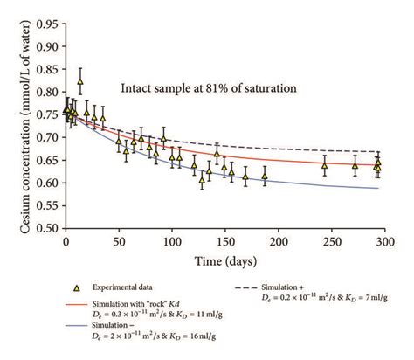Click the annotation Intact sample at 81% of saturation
click(210, 87)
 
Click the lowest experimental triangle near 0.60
click(202, 181)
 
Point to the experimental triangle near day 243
click(324, 163)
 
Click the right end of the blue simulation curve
click(378, 188)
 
